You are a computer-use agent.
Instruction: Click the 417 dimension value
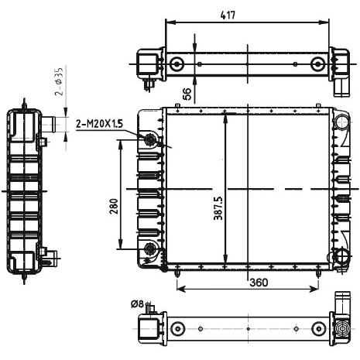[228, 15]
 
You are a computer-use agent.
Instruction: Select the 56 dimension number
[187, 94]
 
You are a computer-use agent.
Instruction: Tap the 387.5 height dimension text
[218, 208]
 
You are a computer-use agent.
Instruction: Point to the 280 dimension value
[114, 206]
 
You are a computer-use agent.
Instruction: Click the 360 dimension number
[259, 283]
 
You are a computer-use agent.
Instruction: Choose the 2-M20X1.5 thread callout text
[99, 124]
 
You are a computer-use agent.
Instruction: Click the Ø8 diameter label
[137, 304]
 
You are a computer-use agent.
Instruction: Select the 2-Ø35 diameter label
[59, 81]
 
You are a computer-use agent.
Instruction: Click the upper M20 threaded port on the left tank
[149, 139]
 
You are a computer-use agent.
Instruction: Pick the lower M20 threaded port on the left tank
[149, 249]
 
